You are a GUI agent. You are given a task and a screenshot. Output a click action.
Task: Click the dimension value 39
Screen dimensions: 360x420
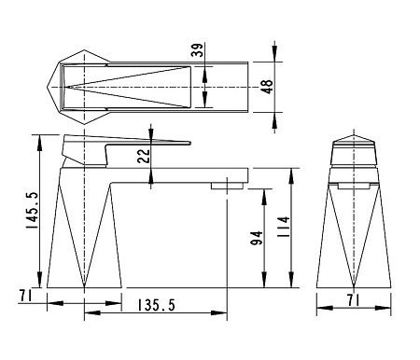(197, 51)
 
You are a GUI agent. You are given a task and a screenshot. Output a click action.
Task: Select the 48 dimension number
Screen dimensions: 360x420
(268, 86)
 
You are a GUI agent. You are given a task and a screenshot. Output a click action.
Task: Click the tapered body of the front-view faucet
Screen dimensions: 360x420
(356, 233)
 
